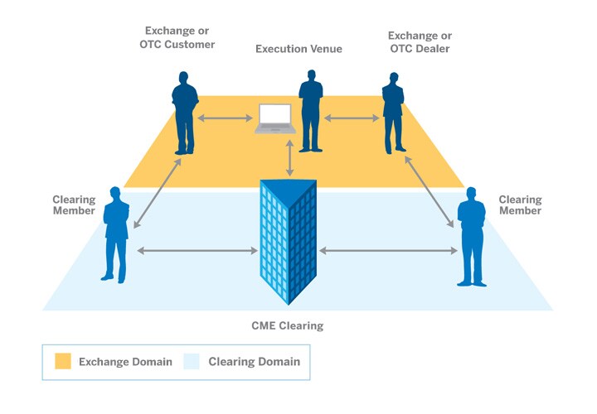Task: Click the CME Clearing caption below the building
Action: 288,325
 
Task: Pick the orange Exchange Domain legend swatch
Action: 63,362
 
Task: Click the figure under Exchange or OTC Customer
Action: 185,113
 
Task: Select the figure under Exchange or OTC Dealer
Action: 393,113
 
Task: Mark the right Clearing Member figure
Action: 472,236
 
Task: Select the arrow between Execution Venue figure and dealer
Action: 351,119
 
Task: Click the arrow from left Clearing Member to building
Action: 197,250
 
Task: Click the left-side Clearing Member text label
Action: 74,205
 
